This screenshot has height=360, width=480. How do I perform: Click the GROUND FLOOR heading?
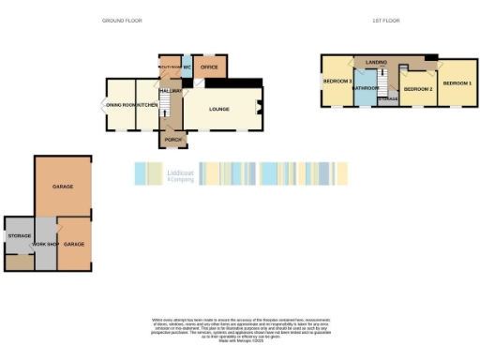coord(121,20)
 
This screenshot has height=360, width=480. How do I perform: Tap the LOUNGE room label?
coord(219,109)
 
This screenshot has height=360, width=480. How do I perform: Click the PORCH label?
coord(172,140)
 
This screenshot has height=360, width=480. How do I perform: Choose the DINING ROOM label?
coord(120,105)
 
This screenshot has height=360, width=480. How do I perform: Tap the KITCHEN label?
coord(147,105)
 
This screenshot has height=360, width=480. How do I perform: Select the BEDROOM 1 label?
coord(457,83)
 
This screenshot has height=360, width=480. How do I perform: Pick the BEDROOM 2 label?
coord(417,88)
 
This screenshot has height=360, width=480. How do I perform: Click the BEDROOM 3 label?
coord(337,82)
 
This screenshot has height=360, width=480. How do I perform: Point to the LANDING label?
coord(377,62)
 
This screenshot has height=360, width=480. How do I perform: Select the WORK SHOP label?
coord(45,244)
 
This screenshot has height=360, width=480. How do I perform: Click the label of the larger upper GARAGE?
coord(64,187)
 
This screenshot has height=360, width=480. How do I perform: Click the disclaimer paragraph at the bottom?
coord(239,328)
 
